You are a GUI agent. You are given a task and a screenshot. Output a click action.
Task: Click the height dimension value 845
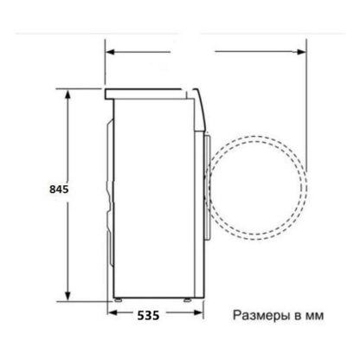click(59, 190)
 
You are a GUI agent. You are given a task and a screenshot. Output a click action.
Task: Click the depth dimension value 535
click(148, 315)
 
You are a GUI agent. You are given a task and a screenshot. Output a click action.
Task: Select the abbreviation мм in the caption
click(314, 317)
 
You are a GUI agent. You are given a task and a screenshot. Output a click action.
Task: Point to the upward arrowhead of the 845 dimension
click(67, 94)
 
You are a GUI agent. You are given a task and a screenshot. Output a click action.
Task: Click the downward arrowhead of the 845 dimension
click(67, 296)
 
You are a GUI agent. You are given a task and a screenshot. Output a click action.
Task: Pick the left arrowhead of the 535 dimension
click(112, 312)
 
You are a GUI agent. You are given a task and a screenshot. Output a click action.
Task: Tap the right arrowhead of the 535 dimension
click(199, 312)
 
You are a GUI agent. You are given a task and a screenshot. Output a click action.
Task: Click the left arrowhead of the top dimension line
click(110, 52)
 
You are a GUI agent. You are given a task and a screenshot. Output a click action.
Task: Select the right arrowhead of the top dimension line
click(301, 52)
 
